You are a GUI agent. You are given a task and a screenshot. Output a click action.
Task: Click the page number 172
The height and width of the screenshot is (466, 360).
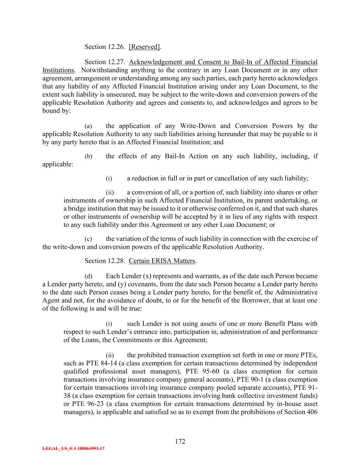[x=180, y=441]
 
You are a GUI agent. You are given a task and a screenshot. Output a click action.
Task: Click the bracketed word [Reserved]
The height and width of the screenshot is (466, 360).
[x=144, y=47]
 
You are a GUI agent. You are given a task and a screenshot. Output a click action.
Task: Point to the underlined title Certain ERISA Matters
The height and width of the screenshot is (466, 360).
[x=162, y=261]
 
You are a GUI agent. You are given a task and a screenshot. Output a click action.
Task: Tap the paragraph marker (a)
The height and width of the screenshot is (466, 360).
[x=88, y=126]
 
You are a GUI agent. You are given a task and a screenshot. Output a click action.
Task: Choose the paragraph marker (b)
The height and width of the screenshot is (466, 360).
[x=88, y=157]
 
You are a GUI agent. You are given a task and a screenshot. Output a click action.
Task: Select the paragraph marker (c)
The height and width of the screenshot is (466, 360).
[x=88, y=239]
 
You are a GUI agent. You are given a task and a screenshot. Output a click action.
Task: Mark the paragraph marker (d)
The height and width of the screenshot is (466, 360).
[x=88, y=276]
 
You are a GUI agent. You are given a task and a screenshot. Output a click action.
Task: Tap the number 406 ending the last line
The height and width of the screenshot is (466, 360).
[x=312, y=412]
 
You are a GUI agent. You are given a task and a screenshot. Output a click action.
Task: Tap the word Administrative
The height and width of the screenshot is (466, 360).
[x=296, y=292]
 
